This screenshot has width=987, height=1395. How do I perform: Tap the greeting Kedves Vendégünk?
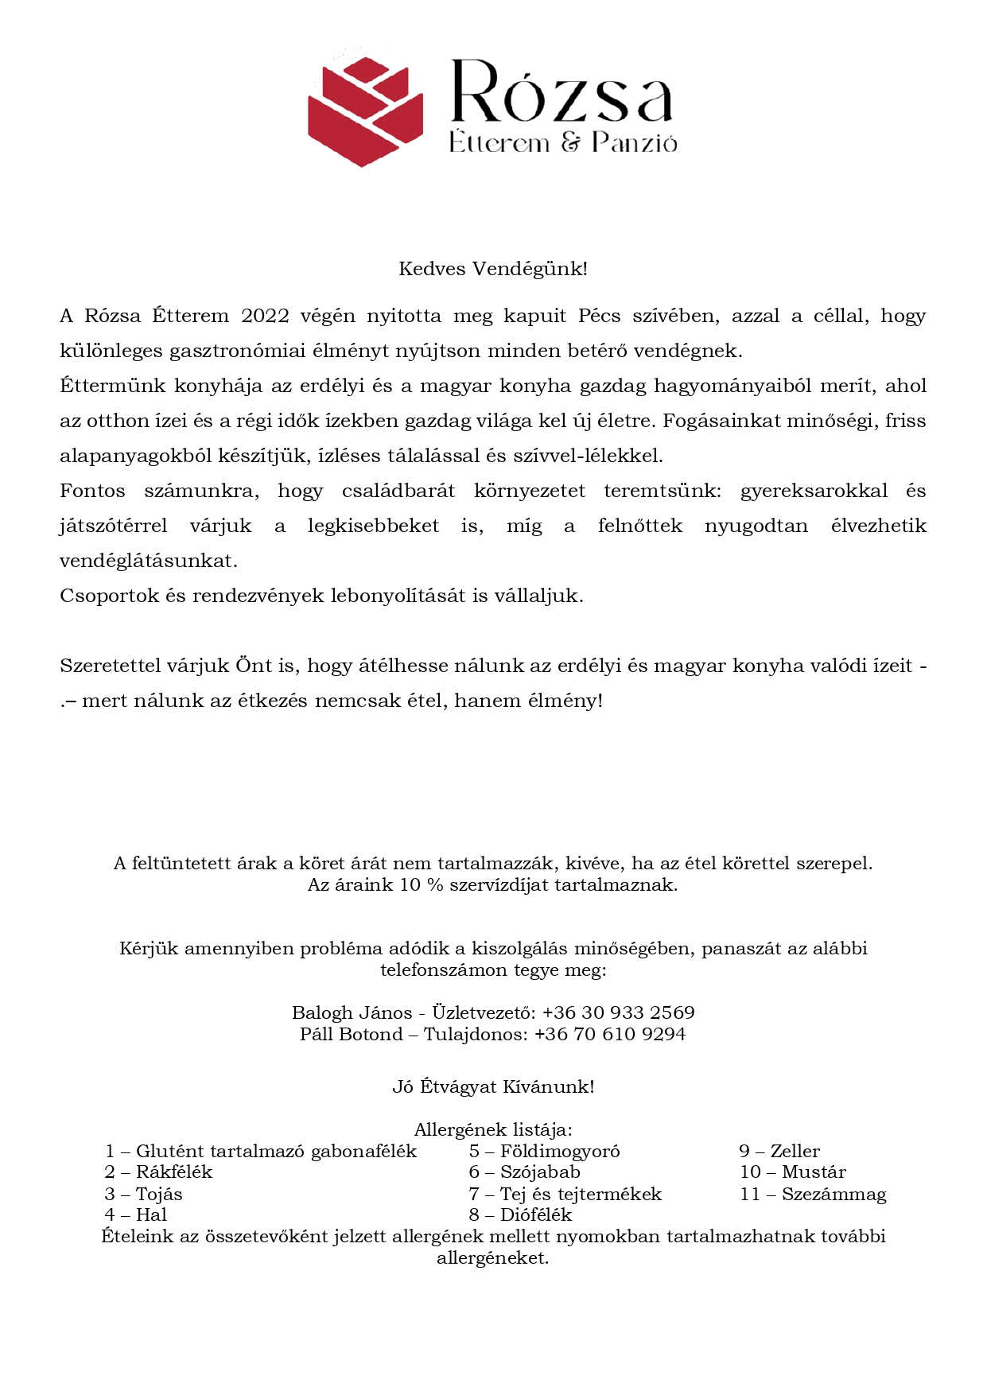(493, 269)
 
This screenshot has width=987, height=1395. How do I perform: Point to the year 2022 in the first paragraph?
(265, 316)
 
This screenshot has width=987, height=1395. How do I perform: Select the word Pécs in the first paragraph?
(599, 316)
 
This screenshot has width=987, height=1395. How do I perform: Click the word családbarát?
(398, 491)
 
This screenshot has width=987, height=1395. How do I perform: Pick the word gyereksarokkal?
(814, 491)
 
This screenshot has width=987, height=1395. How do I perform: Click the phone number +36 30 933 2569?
(618, 1012)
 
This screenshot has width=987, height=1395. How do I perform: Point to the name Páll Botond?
(351, 1034)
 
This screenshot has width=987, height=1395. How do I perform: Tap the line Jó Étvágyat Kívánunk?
(493, 1086)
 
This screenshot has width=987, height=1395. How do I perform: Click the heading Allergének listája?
(493, 1129)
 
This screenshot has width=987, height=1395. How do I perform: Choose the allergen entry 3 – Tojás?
(143, 1194)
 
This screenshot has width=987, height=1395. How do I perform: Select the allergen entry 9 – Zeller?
(779, 1151)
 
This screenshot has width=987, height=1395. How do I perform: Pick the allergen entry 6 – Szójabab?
(524, 1172)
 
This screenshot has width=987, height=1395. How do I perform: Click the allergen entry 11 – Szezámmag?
(813, 1194)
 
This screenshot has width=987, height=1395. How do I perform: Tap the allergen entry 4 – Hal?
(135, 1214)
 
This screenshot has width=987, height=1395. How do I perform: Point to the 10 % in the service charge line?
(421, 884)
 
